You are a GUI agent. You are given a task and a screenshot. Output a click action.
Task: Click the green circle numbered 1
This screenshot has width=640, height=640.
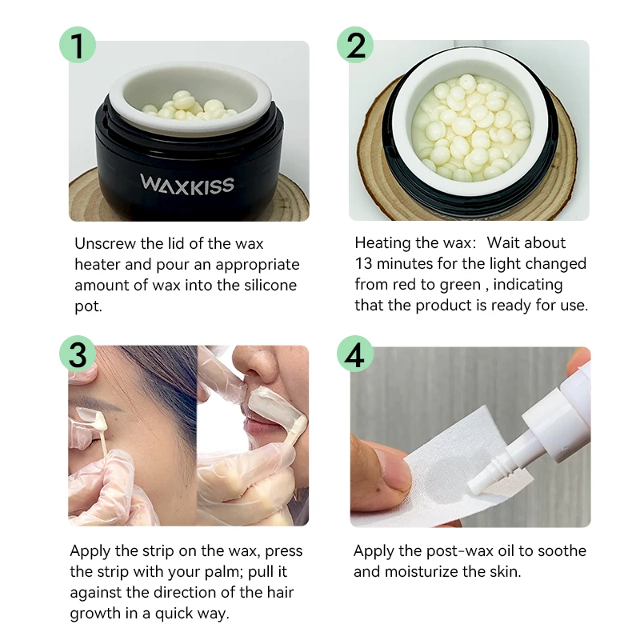78,46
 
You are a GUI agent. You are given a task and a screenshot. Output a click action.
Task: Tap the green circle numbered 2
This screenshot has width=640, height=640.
358,46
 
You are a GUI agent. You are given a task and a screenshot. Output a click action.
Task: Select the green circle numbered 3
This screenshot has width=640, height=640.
78,354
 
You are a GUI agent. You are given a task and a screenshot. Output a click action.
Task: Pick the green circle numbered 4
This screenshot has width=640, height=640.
358,354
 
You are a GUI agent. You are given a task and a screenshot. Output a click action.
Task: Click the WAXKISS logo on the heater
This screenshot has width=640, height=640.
188,184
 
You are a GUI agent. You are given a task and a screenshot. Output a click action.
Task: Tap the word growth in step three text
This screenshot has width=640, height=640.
97,614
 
